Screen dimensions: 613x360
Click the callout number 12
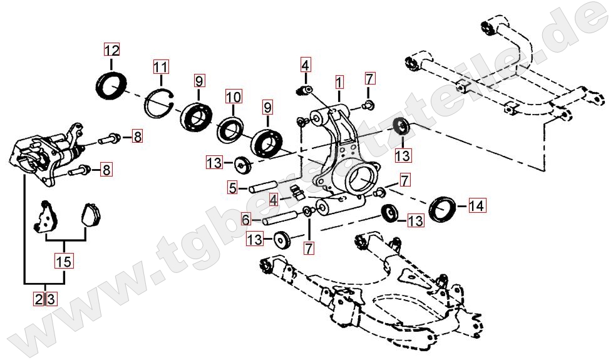[112, 50]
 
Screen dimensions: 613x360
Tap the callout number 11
[160, 67]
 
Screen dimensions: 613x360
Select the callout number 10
[234, 96]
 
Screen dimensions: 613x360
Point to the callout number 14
[476, 205]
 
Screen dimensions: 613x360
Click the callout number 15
[64, 261]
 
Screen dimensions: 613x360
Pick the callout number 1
[339, 83]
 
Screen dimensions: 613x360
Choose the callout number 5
[232, 188]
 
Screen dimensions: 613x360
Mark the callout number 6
[245, 219]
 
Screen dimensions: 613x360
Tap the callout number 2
[39, 299]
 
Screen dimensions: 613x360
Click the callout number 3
[51, 299]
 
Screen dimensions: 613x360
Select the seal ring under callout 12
[111, 85]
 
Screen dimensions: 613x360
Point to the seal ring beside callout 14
[443, 208]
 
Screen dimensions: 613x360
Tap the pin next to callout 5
[264, 186]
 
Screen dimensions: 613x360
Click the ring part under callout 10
[230, 129]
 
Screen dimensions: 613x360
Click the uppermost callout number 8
[137, 137]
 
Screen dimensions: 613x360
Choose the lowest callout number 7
[309, 248]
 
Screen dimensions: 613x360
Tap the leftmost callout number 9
[199, 81]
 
